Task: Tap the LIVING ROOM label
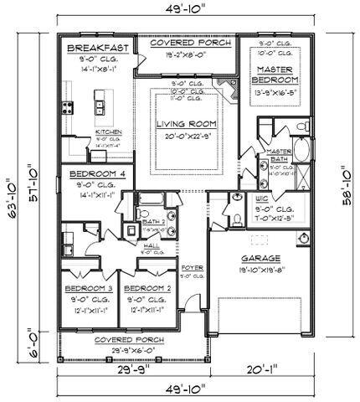tap(187, 124)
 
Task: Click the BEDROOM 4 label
tap(91, 173)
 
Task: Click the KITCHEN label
tap(110, 132)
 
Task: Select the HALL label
tap(151, 245)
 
